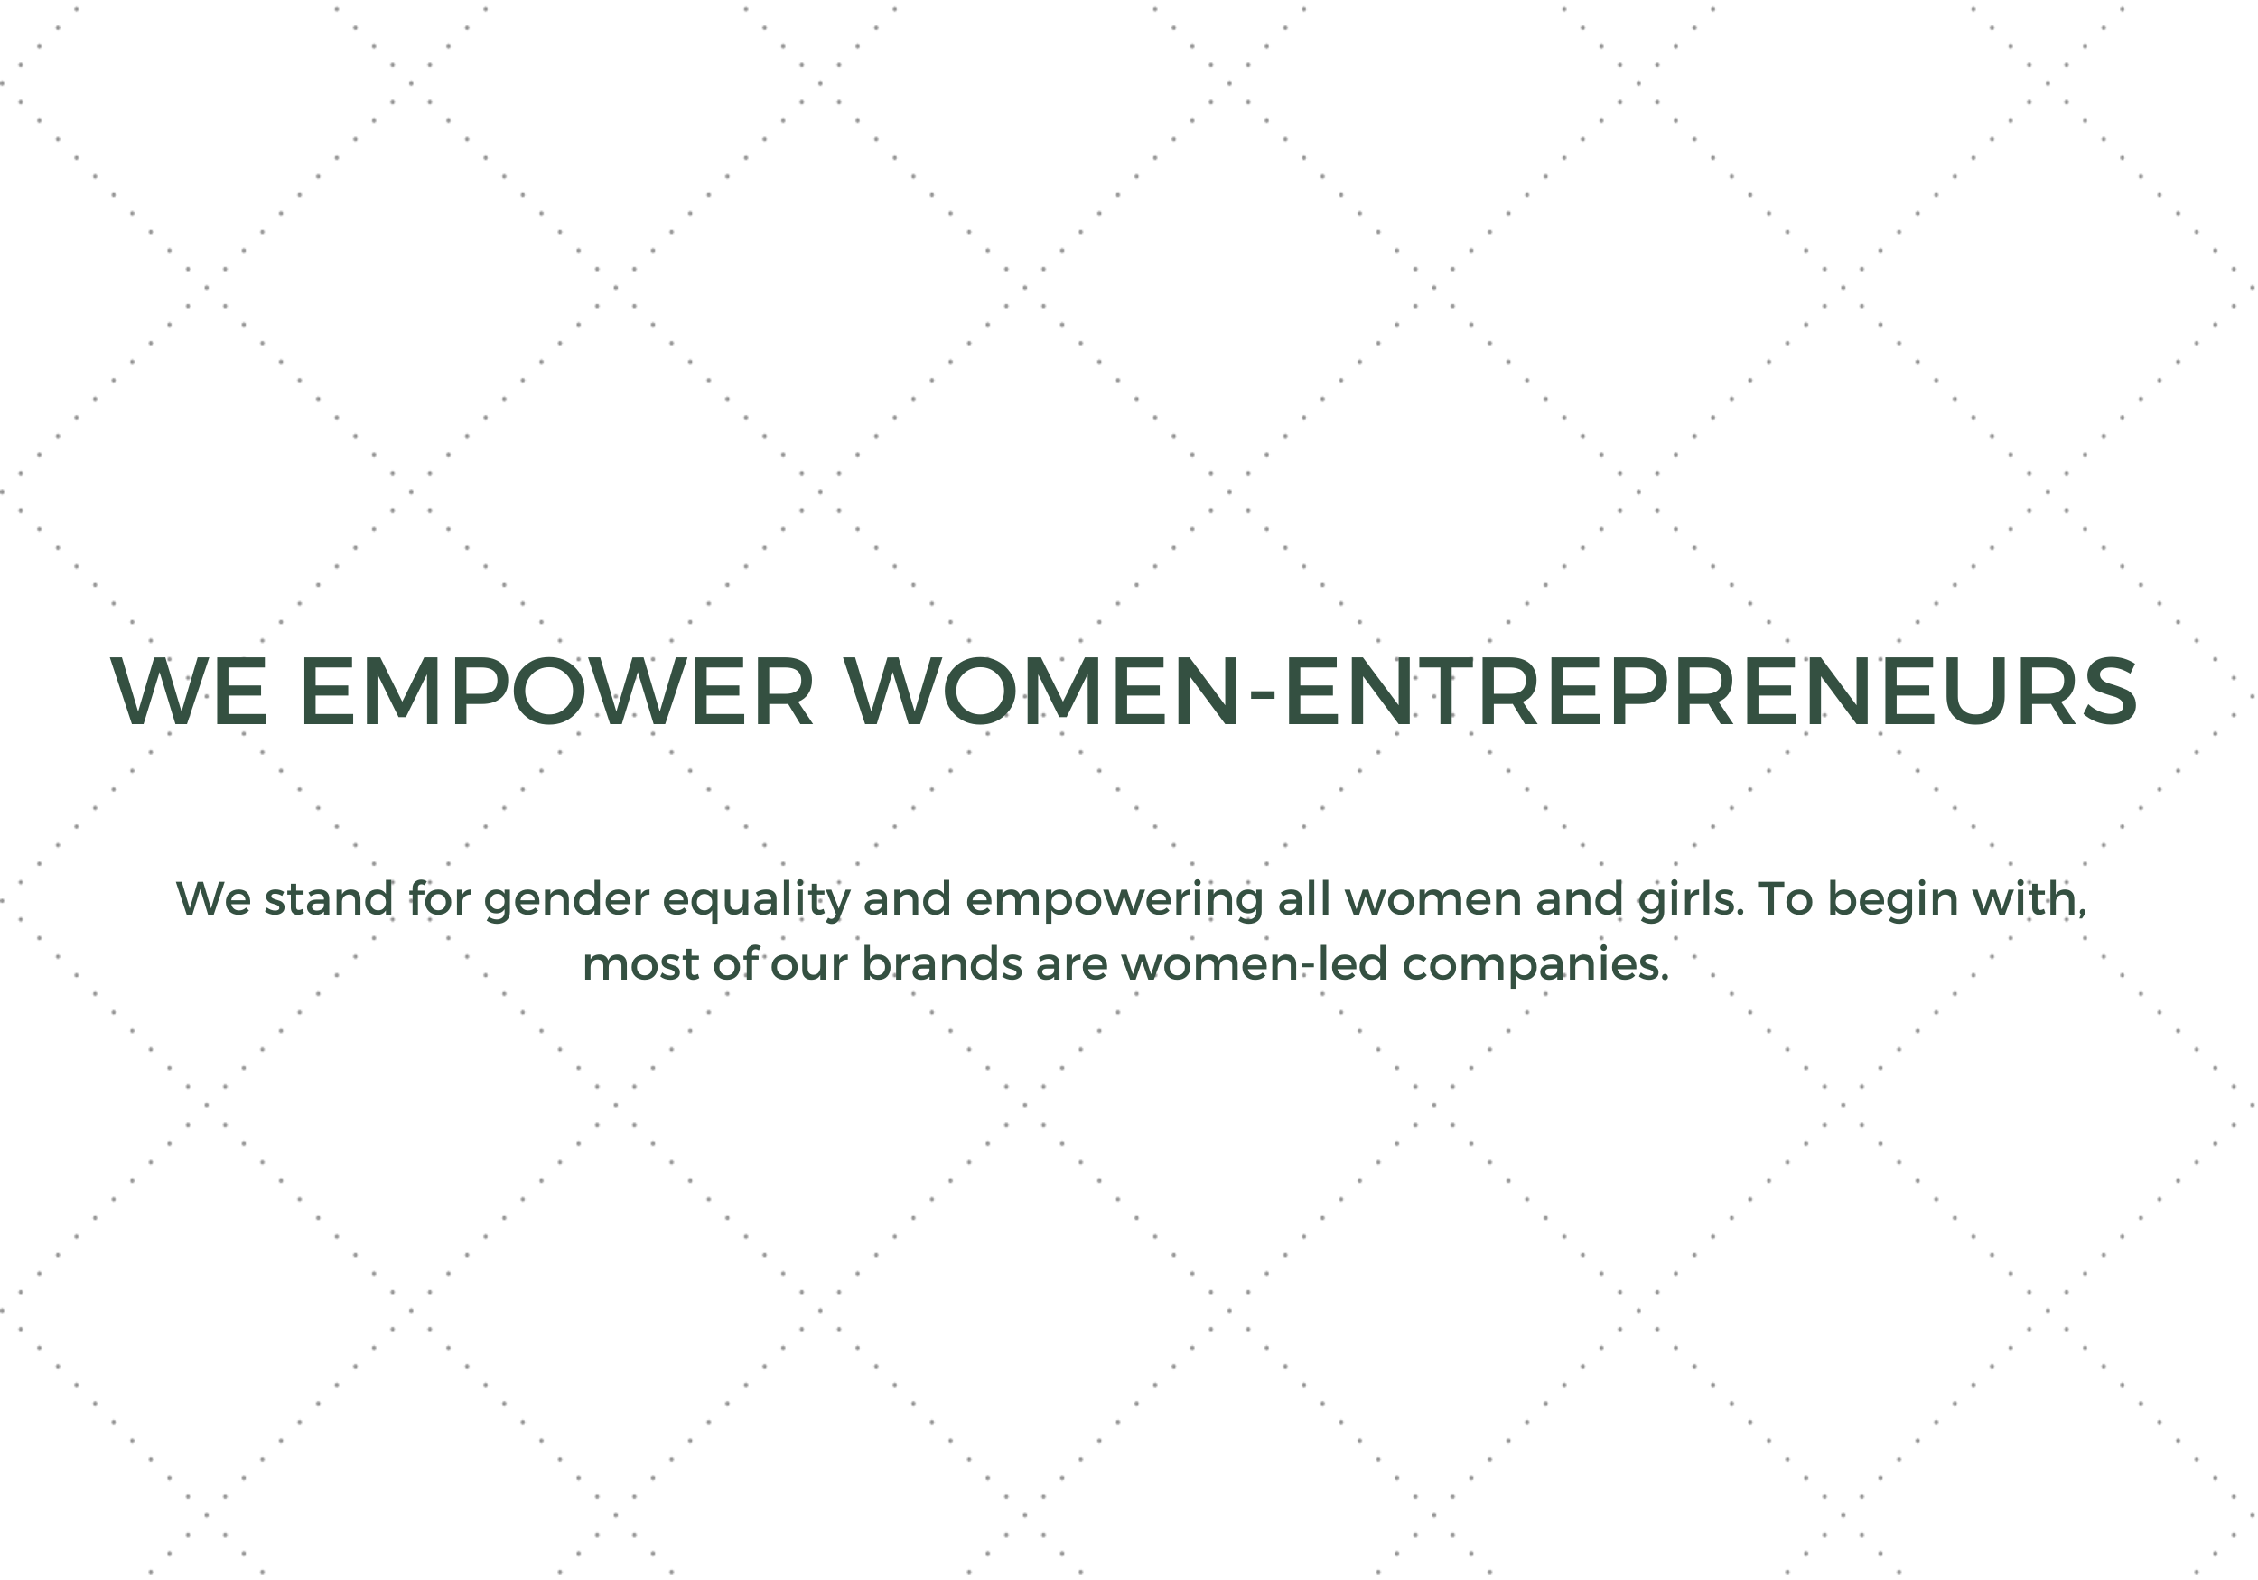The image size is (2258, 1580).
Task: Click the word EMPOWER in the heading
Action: click(557, 692)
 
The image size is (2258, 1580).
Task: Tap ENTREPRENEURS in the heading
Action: click(1712, 692)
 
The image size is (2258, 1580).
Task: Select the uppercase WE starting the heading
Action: click(189, 692)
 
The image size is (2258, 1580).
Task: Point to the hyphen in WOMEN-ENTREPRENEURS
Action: click(1262, 696)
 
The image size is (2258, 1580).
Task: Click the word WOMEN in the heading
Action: click(1041, 692)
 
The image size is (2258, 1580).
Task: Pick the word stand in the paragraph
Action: click(330, 898)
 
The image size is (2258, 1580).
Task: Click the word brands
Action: click(942, 963)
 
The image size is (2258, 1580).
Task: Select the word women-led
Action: click(1254, 963)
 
